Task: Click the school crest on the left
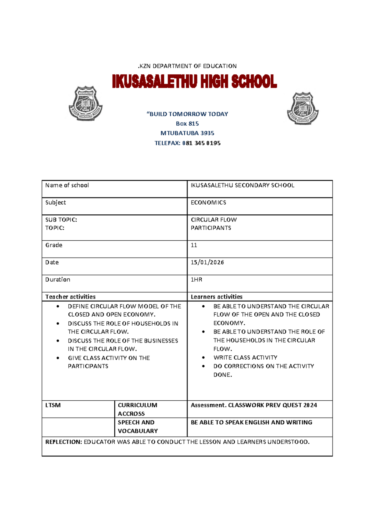(x=85, y=104)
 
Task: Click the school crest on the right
(x=302, y=108)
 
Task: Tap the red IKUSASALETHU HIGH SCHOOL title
(x=194, y=82)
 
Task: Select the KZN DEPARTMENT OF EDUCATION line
(x=187, y=66)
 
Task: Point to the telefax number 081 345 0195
(x=201, y=143)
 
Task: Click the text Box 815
(x=187, y=123)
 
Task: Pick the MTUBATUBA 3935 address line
(x=187, y=133)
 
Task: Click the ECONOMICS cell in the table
(x=208, y=202)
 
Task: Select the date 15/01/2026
(x=207, y=262)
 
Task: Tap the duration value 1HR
(x=196, y=279)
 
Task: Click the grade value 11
(x=194, y=245)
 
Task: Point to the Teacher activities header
(x=70, y=297)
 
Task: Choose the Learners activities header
(x=217, y=297)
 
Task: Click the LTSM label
(x=53, y=405)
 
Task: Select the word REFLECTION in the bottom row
(x=63, y=442)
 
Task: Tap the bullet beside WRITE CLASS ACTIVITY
(x=204, y=357)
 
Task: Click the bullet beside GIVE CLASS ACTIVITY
(x=58, y=358)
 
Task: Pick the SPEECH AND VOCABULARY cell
(x=137, y=427)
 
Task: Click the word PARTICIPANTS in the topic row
(x=211, y=228)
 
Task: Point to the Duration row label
(x=57, y=279)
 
